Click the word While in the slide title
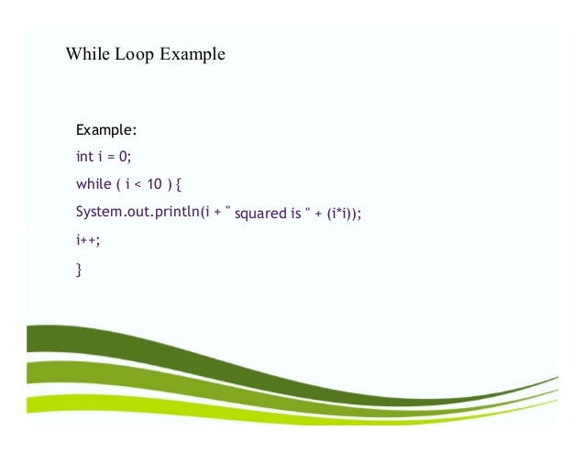pyautogui.click(x=86, y=55)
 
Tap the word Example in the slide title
pyautogui.click(x=192, y=55)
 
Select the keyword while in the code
pyautogui.click(x=94, y=184)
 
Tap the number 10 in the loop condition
pyautogui.click(x=155, y=184)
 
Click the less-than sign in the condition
pyautogui.click(x=138, y=185)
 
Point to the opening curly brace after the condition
pyautogui.click(x=179, y=185)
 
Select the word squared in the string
pyautogui.click(x=260, y=215)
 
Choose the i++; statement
pyautogui.click(x=88, y=241)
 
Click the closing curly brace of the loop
pyautogui.click(x=79, y=270)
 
